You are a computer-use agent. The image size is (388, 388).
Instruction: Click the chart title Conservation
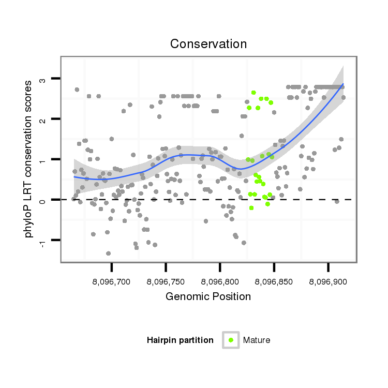tap(208, 44)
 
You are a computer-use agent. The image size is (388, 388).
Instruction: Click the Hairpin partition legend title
tap(180, 340)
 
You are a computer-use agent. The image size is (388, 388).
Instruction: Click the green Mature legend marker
tap(231, 340)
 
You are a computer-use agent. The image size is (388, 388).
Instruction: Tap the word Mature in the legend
tap(257, 340)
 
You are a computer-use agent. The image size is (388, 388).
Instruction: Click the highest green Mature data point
tap(253, 93)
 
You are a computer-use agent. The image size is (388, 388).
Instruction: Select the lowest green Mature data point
tap(251, 208)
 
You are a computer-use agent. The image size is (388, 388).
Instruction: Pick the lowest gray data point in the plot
tap(108, 253)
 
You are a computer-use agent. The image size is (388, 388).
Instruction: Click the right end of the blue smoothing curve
tap(343, 84)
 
